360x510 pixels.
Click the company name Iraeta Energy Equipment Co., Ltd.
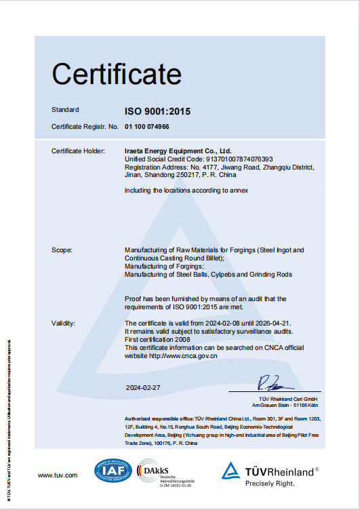point(178,150)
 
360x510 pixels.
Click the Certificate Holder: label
point(78,150)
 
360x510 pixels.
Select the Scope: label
point(62,250)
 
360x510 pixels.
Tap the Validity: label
point(63,323)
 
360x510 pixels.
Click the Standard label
point(65,109)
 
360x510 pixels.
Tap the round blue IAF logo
point(114,471)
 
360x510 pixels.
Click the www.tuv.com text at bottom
point(58,475)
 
